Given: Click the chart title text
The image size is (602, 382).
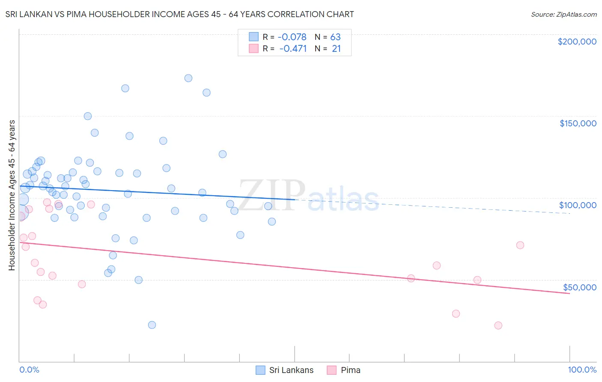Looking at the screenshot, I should pyautogui.click(x=179, y=14).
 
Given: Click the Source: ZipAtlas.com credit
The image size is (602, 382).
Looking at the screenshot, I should pyautogui.click(x=563, y=14).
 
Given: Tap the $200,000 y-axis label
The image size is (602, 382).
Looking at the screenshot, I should pyautogui.click(x=577, y=42).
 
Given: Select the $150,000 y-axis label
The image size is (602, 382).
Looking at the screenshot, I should pyautogui.click(x=578, y=123).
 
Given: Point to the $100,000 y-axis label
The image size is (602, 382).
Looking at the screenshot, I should pyautogui.click(x=578, y=205).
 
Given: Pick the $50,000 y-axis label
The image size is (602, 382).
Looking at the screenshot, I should pyautogui.click(x=579, y=287).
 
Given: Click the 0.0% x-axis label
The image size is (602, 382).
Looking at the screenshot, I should pyautogui.click(x=29, y=370).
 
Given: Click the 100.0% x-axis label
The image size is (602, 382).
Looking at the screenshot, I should pyautogui.click(x=582, y=370).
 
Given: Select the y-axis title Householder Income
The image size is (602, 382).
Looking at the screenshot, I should pyautogui.click(x=12, y=195).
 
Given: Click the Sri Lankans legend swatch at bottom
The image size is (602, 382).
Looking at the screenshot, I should pyautogui.click(x=260, y=370).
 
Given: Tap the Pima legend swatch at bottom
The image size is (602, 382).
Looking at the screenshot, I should pyautogui.click(x=332, y=370).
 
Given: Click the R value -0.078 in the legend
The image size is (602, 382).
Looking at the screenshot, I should pyautogui.click(x=292, y=37).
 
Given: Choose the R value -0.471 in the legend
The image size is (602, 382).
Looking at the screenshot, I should pyautogui.click(x=293, y=48).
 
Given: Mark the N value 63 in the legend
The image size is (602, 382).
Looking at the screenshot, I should pyautogui.click(x=335, y=37).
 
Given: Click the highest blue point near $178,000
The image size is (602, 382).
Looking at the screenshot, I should pyautogui.click(x=188, y=78).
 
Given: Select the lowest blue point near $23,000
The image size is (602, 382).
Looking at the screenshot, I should pyautogui.click(x=152, y=325).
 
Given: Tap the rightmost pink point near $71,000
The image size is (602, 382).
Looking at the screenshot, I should pyautogui.click(x=520, y=245).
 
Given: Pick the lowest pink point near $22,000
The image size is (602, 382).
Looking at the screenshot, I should pyautogui.click(x=498, y=325).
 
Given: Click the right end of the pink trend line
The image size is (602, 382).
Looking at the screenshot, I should pyautogui.click(x=569, y=293).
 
